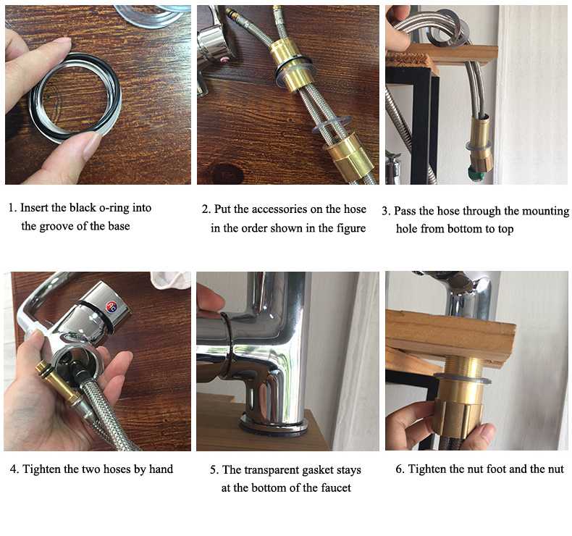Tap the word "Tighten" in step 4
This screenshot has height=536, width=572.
coord(41,469)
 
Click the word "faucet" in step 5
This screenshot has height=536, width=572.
coord(336,488)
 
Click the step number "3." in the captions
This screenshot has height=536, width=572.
coord(387,212)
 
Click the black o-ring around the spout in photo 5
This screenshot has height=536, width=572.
coord(227,343)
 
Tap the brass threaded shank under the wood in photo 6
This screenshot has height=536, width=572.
coord(464,365)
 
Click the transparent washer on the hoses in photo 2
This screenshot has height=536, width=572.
coord(330,127)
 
